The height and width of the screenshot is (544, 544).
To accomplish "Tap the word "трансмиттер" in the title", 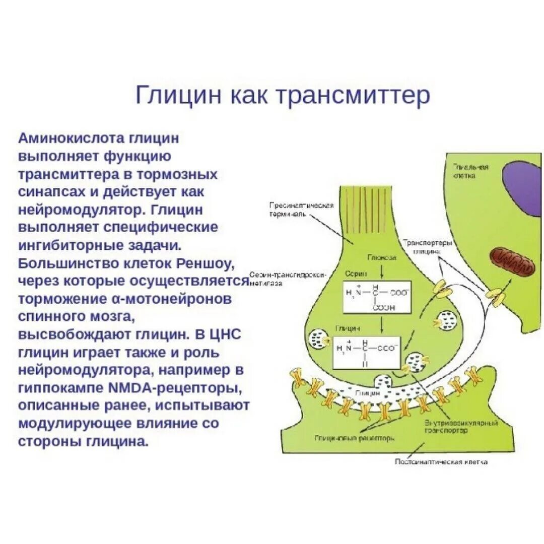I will coord(353,95).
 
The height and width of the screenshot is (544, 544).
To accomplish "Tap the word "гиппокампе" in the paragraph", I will coord(63,388).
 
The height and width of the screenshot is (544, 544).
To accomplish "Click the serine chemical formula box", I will coord(377,297).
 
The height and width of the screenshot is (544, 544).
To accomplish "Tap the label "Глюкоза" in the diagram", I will coord(381,257).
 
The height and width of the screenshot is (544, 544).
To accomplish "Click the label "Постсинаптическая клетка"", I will coord(441,461).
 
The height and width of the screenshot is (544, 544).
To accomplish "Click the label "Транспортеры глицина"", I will coord(429,247).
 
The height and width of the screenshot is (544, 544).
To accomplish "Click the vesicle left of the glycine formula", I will coord(318,338).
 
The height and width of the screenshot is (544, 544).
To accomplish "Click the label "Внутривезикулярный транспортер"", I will coord(453,427).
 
